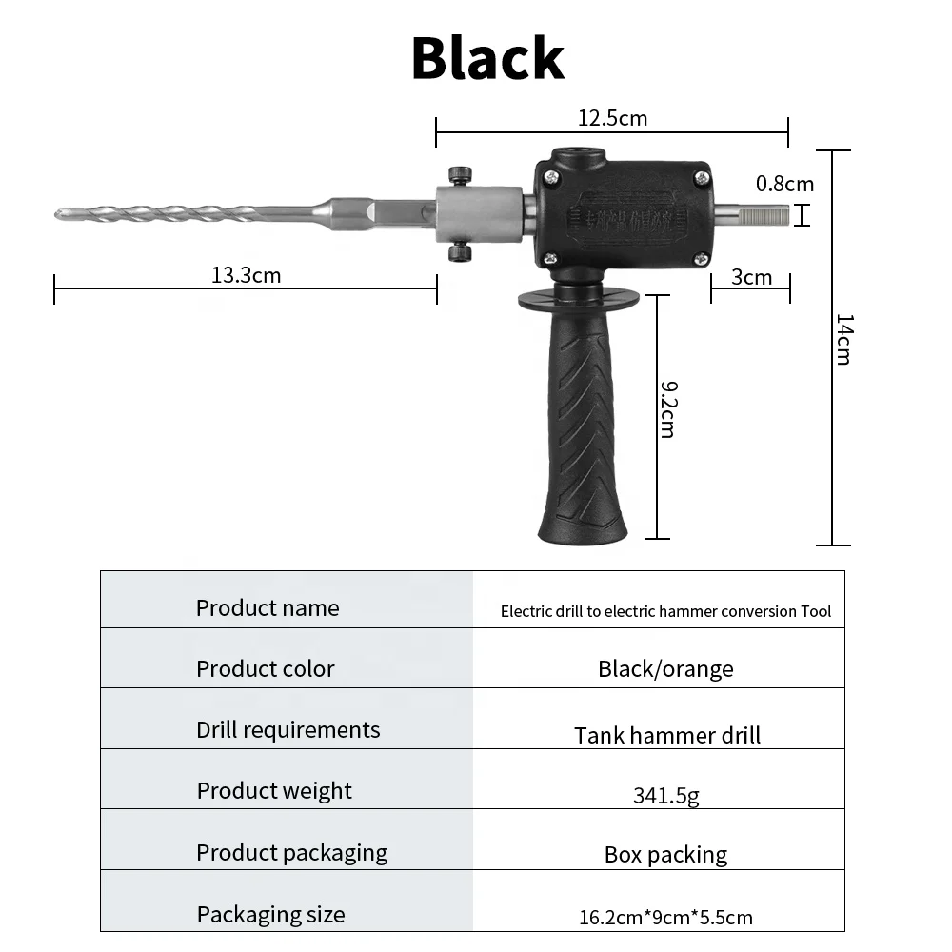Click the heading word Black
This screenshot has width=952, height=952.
point(487,58)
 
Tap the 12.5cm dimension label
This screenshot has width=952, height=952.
point(612,118)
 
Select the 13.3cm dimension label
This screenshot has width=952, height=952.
point(246,276)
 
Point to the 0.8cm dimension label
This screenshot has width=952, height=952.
point(784,184)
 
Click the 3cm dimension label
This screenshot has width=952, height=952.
point(751,277)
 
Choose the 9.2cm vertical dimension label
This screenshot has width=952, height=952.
point(667,408)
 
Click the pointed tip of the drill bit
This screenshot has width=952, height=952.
point(59,213)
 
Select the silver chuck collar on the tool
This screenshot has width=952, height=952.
point(478,214)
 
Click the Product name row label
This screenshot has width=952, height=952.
point(268,608)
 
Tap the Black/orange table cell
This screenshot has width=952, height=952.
point(665,669)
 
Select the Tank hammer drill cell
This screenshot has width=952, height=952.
point(667,735)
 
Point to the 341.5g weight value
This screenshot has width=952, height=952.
point(665,795)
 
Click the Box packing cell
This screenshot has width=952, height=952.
point(665,855)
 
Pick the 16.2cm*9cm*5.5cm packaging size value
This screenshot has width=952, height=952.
point(665,918)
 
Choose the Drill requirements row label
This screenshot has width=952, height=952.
point(288,730)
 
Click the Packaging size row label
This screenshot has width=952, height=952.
point(270,915)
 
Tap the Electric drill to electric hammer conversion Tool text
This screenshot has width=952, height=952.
point(665,611)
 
